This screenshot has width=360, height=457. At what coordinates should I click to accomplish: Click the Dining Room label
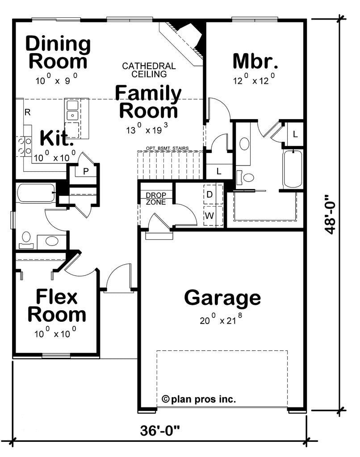[x=58, y=52]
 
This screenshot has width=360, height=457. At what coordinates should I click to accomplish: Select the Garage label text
[x=222, y=298]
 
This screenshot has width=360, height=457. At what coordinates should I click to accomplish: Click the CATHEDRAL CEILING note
[x=149, y=70]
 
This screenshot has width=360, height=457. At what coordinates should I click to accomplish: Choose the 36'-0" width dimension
[x=160, y=430]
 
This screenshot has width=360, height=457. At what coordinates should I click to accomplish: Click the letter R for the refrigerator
[x=28, y=112]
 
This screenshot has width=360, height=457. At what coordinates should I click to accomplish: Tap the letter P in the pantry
[x=86, y=171]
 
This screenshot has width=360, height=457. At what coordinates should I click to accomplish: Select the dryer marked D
[x=213, y=194]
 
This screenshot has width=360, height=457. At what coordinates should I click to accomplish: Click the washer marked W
[x=213, y=216]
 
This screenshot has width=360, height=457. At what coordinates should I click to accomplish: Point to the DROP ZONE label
[x=156, y=199]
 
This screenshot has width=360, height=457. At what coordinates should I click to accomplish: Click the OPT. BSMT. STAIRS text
[x=167, y=148]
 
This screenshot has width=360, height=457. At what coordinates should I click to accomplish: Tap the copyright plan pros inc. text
[x=199, y=399]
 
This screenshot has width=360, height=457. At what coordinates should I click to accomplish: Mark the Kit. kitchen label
[x=56, y=138]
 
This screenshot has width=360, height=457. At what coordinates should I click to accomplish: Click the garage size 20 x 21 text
[x=221, y=319]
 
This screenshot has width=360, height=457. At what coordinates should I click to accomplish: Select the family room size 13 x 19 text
[x=147, y=129]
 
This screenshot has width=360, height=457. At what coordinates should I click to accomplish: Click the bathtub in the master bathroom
[x=292, y=170]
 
